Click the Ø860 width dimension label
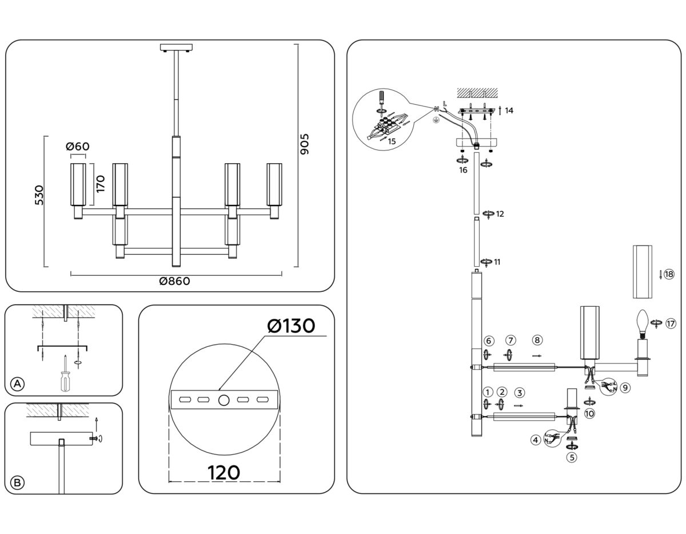click(174, 281)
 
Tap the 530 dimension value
click(39, 195)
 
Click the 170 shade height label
click(101, 184)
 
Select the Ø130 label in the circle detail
click(291, 326)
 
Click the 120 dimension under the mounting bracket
click(224, 473)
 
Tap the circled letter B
click(18, 483)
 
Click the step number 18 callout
click(669, 274)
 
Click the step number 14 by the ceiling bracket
click(508, 110)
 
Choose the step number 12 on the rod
click(500, 214)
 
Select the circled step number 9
click(625, 387)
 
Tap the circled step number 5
click(571, 457)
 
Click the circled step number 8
click(536, 340)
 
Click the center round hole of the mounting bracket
click(224, 400)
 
